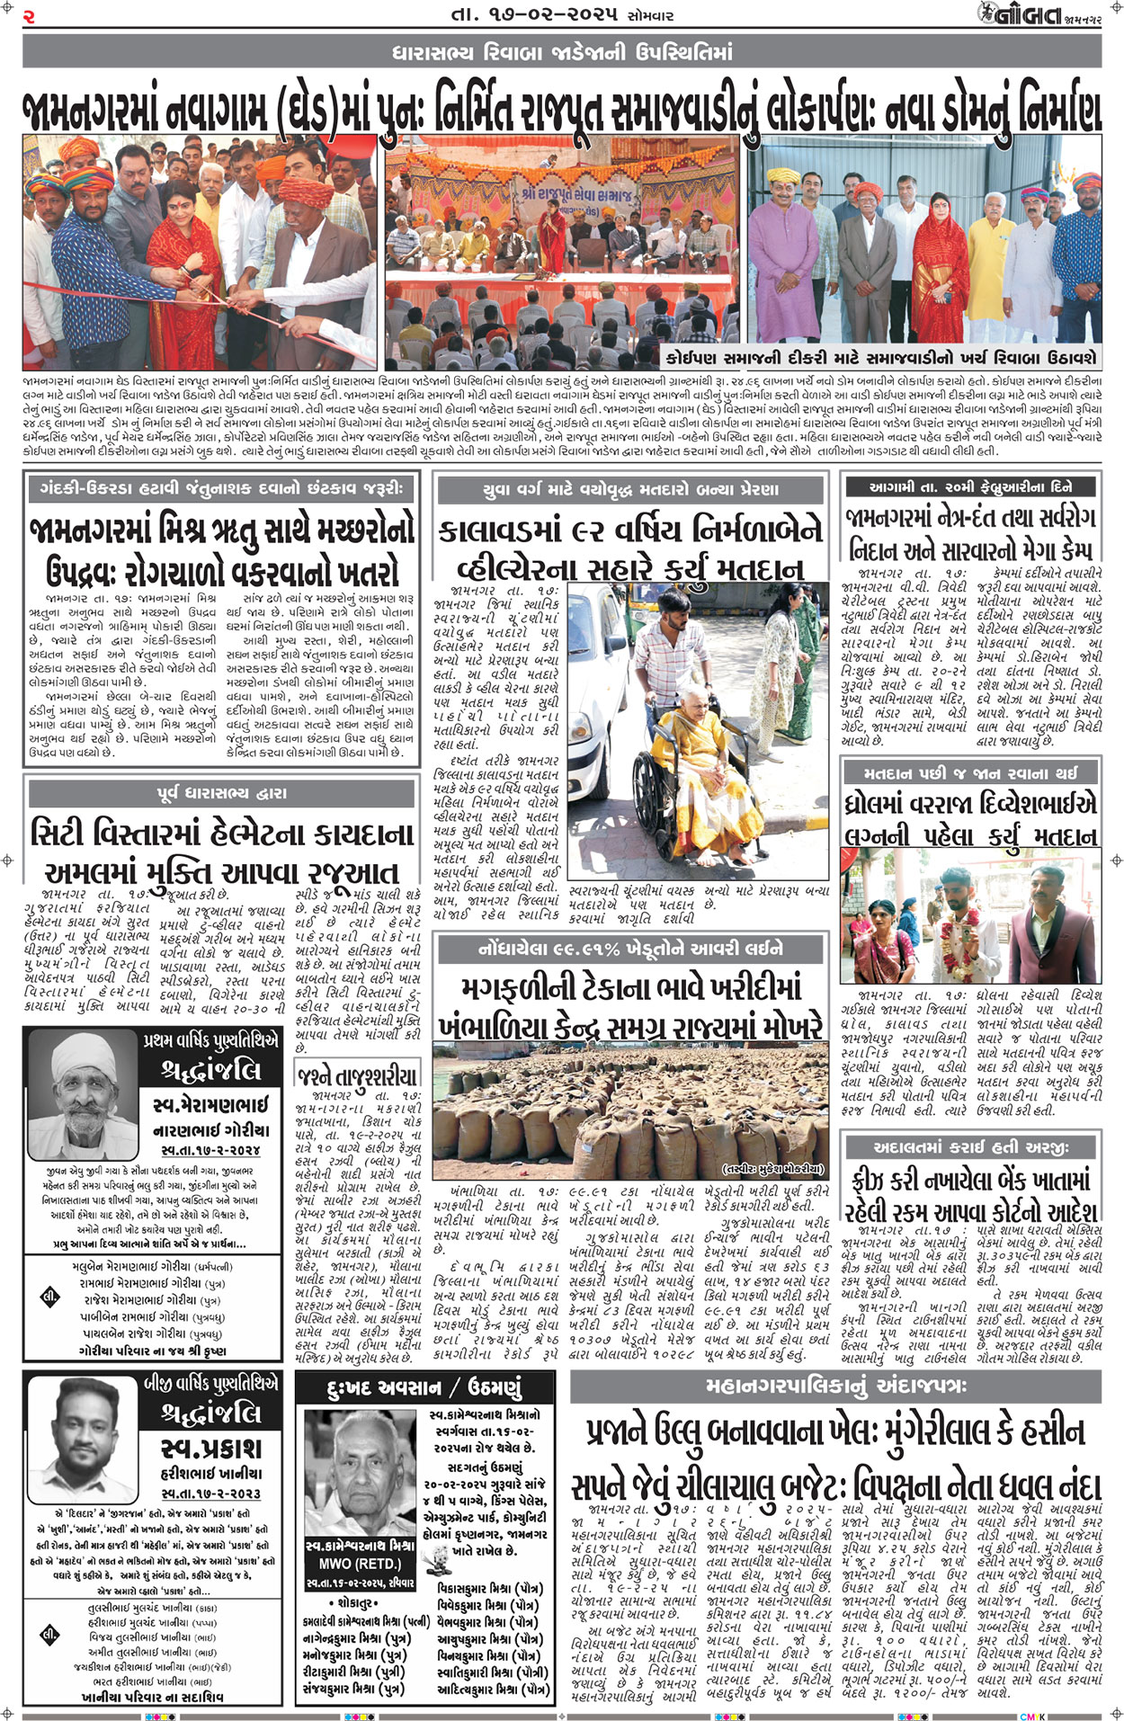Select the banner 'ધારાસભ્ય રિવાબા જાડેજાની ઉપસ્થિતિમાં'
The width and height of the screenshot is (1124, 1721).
pyautogui.click(x=562, y=53)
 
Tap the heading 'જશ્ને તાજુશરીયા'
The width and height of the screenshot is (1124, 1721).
pyautogui.click(x=358, y=1075)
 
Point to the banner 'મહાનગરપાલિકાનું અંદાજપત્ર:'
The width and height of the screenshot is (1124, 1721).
pyautogui.click(x=835, y=1386)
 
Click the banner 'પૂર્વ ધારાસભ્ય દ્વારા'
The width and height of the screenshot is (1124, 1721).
pyautogui.click(x=221, y=793)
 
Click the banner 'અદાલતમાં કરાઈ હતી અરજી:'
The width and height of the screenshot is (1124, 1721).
pyautogui.click(x=971, y=1146)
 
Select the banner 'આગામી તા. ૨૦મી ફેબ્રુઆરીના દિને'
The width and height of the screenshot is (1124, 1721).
pyautogui.click(x=971, y=486)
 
